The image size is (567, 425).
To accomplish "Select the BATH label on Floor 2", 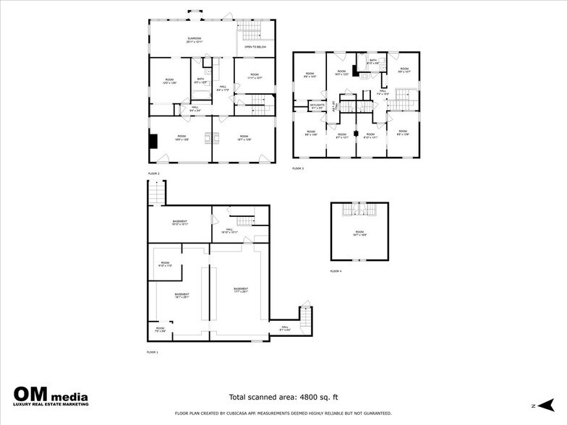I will tap(200, 80).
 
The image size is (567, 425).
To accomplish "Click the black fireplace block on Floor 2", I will tap(153, 141).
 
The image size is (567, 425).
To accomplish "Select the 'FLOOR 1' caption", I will tap(153, 352).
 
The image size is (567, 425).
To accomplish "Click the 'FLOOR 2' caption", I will tap(153, 174).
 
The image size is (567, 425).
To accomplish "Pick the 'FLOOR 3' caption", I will tap(298, 168).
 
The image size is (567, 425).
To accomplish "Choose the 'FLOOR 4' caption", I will tap(336, 271).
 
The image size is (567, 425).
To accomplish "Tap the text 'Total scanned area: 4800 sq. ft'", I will tap(283, 397).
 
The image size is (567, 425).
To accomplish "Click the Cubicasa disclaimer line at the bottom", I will tap(283, 413).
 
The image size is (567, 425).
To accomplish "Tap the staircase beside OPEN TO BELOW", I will tap(250, 30).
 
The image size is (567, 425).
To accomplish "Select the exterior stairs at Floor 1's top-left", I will tap(156, 192).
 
